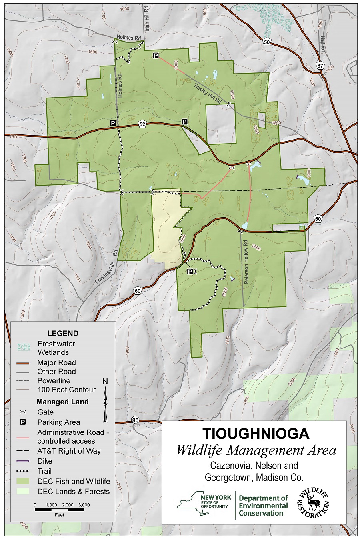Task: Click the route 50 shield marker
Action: click(267, 42)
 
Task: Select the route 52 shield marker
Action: click(142, 124)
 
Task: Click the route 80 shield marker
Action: click(135, 420)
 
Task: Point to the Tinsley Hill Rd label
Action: click(208, 94)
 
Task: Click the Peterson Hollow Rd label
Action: click(246, 262)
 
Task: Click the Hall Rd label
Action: click(322, 44)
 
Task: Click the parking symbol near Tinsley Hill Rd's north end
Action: click(156, 56)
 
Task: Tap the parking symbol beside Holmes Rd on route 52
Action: click(113, 123)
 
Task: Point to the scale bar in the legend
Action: click(59, 510)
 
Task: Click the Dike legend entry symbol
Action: click(23, 461)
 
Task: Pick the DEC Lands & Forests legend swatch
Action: click(23, 491)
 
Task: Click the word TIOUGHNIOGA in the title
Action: click(256, 434)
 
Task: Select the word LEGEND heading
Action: click(63, 333)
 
